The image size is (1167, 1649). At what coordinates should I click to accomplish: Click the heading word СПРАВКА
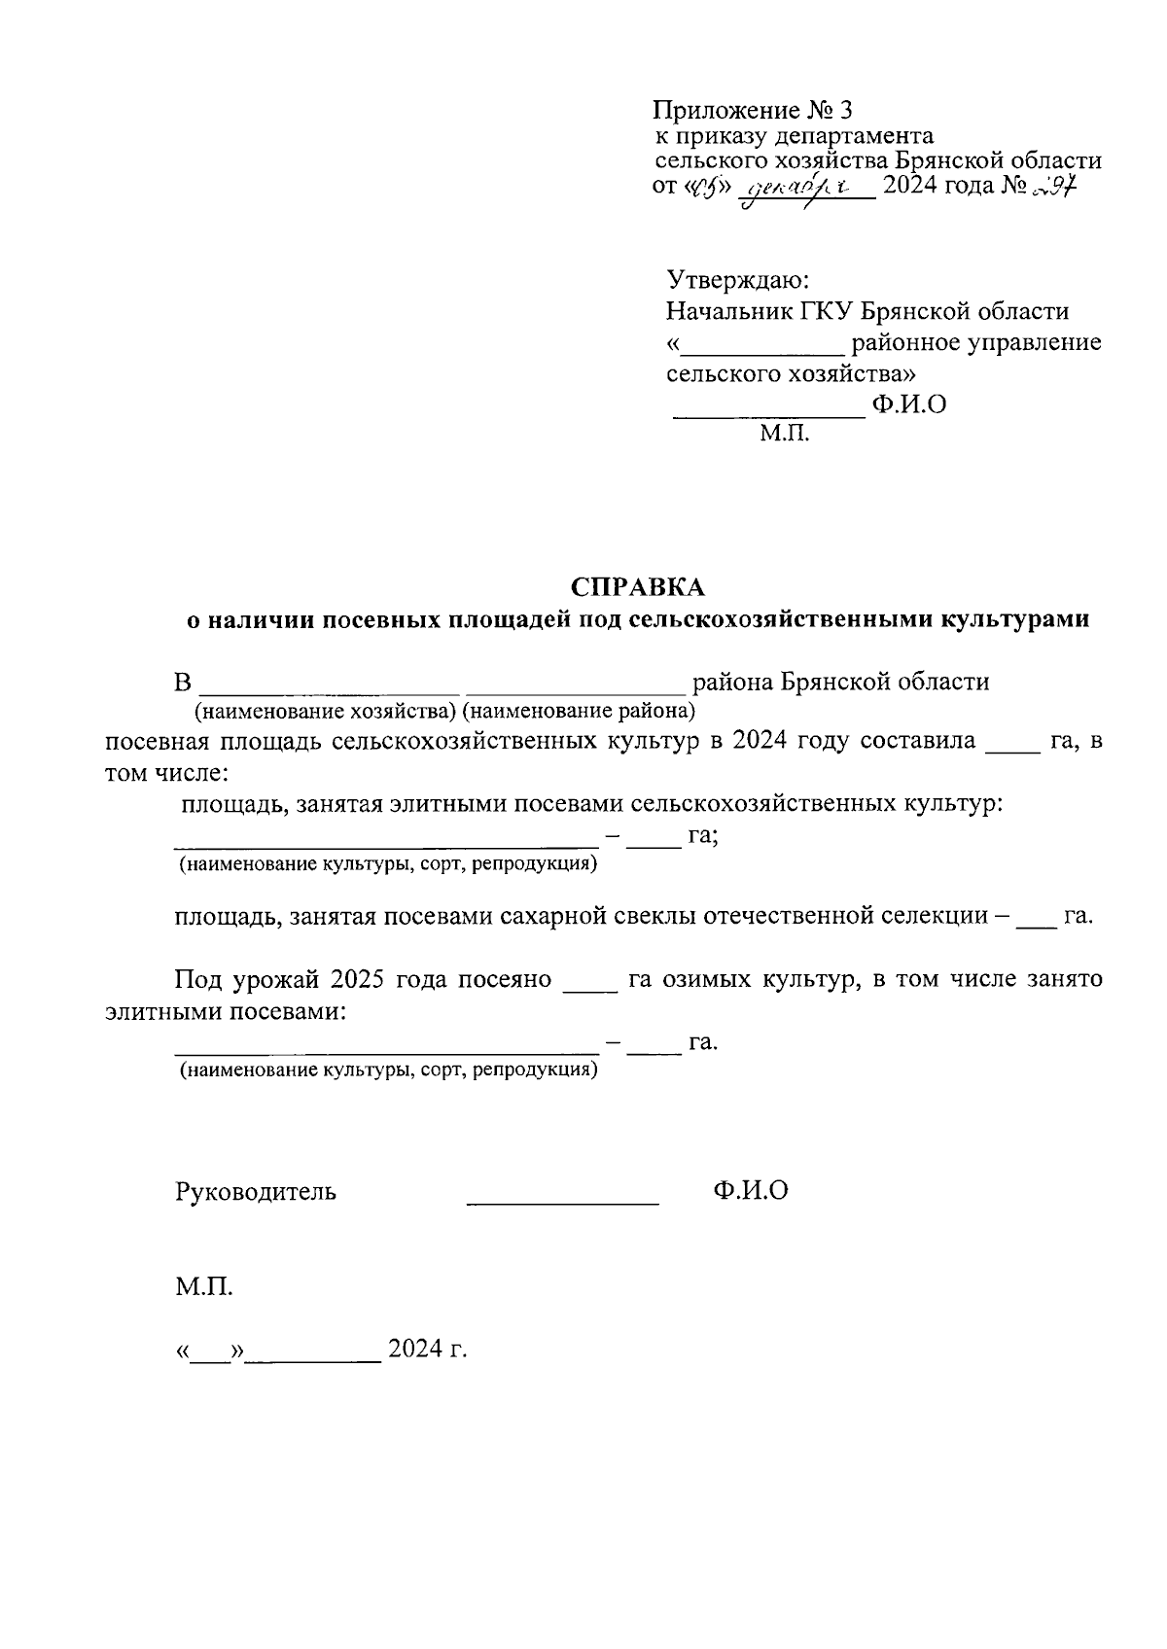(x=637, y=587)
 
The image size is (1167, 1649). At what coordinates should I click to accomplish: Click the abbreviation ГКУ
(x=825, y=312)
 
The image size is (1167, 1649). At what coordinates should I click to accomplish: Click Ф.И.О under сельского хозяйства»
(x=908, y=404)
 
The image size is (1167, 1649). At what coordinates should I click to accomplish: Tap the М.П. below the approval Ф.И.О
(x=784, y=434)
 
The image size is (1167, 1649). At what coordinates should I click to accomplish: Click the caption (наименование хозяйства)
(x=327, y=711)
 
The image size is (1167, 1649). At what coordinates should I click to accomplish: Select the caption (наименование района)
(x=580, y=711)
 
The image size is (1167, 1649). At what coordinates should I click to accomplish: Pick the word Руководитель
(x=256, y=1191)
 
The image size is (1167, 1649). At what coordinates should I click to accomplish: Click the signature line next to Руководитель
(x=562, y=1203)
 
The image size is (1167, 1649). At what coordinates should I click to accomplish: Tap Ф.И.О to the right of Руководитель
(x=750, y=1190)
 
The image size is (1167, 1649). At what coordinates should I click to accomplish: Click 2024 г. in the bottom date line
(x=428, y=1350)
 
